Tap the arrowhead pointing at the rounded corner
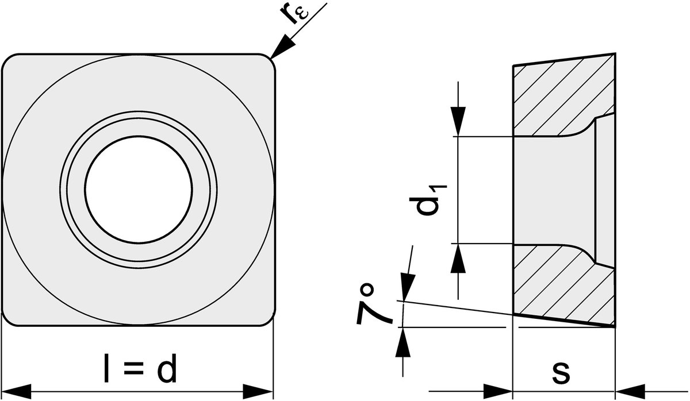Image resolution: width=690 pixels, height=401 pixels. (x=282, y=47)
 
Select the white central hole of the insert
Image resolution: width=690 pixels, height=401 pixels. (x=139, y=190)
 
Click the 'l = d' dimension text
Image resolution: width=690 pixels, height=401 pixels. (x=141, y=368)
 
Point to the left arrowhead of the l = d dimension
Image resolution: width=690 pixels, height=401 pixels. (x=16, y=392)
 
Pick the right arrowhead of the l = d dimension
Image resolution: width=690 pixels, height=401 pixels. (x=258, y=392)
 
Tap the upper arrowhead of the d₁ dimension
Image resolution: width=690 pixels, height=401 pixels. (x=458, y=121)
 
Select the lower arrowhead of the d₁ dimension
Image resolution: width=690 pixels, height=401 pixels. (x=458, y=258)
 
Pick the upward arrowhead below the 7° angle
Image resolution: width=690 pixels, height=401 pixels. (x=403, y=342)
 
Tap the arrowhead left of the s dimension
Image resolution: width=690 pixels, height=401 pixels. (x=498, y=392)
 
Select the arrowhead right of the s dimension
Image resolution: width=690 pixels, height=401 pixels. (x=630, y=392)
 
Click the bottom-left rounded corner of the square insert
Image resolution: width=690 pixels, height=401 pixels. (x=7, y=321)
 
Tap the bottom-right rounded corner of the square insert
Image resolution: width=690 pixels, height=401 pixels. (x=270, y=321)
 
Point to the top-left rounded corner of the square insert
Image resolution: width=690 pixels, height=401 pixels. (x=7, y=59)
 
